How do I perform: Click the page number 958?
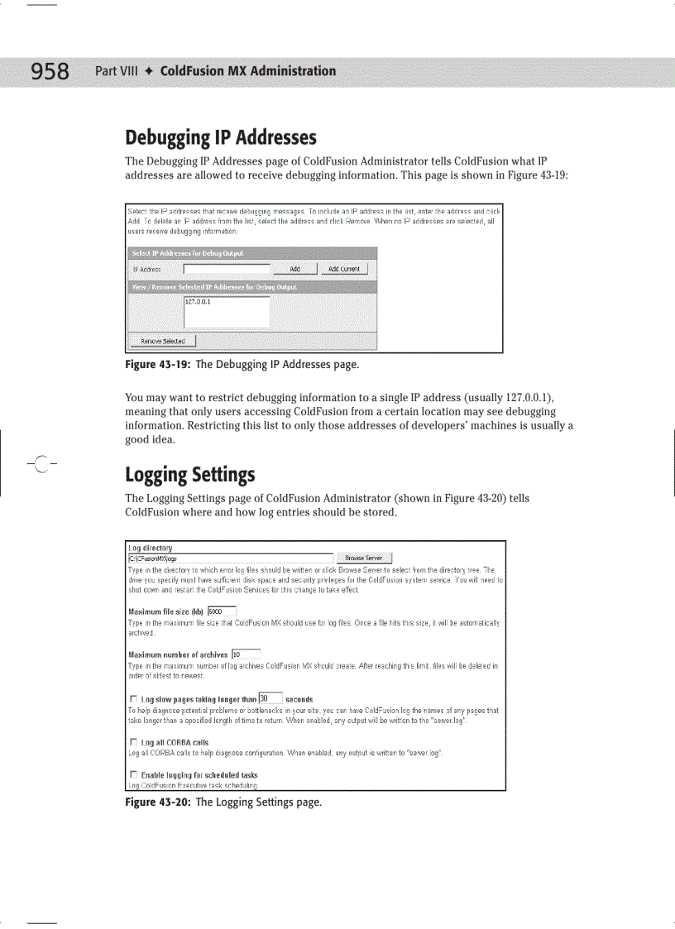[x=50, y=72]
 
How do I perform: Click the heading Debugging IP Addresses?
[x=221, y=136]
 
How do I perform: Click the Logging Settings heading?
[x=189, y=475]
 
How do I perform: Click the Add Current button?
[x=345, y=269]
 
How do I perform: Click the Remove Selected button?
[x=162, y=341]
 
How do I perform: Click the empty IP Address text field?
[x=227, y=269]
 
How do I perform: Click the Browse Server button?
[x=364, y=558]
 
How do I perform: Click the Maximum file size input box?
[x=221, y=612]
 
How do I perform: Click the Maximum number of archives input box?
[x=246, y=654]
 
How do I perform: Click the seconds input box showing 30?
[x=270, y=699]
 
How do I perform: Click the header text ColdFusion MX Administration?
[x=247, y=71]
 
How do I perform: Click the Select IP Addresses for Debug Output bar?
[x=251, y=252]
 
